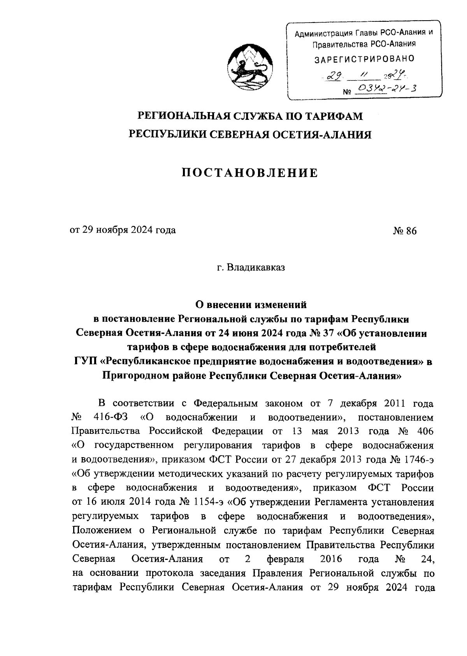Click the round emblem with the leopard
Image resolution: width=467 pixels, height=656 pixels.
coord(250,68)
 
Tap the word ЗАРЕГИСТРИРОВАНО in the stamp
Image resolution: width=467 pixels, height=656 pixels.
coord(364,59)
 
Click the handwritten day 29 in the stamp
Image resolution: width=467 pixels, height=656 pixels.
coord(333,77)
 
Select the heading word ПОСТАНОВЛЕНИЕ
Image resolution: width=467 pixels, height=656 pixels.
coord(250,173)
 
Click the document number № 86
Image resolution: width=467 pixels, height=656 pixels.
coord(405,231)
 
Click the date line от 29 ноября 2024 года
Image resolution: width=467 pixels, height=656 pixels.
coord(123,230)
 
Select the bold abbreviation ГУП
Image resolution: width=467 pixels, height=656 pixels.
coord(85,361)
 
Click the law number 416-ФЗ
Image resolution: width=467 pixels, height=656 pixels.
coord(109,418)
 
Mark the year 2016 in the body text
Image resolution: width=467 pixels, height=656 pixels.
coord(330,559)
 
